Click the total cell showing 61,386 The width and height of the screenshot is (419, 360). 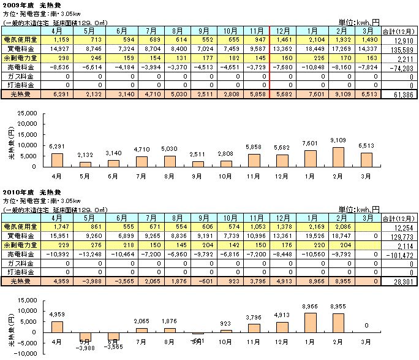point(399,94)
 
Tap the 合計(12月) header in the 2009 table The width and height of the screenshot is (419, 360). point(398,29)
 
